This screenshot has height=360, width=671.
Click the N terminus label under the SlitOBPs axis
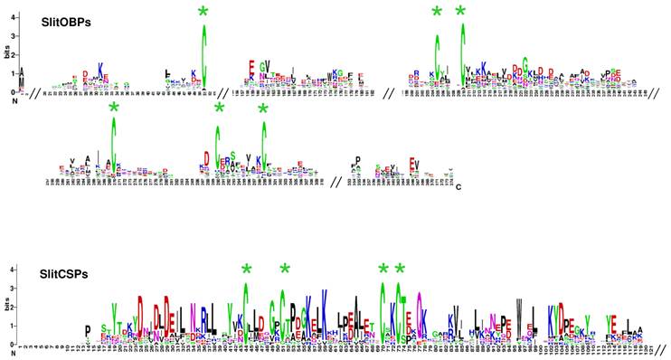(x=14, y=100)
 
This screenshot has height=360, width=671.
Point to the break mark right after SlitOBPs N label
(x=29, y=92)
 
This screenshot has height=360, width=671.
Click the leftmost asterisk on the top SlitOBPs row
(x=204, y=12)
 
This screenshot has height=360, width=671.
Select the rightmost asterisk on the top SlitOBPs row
(x=461, y=12)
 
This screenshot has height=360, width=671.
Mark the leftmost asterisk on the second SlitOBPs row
(x=113, y=108)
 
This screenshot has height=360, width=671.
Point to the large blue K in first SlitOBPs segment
(x=101, y=70)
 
